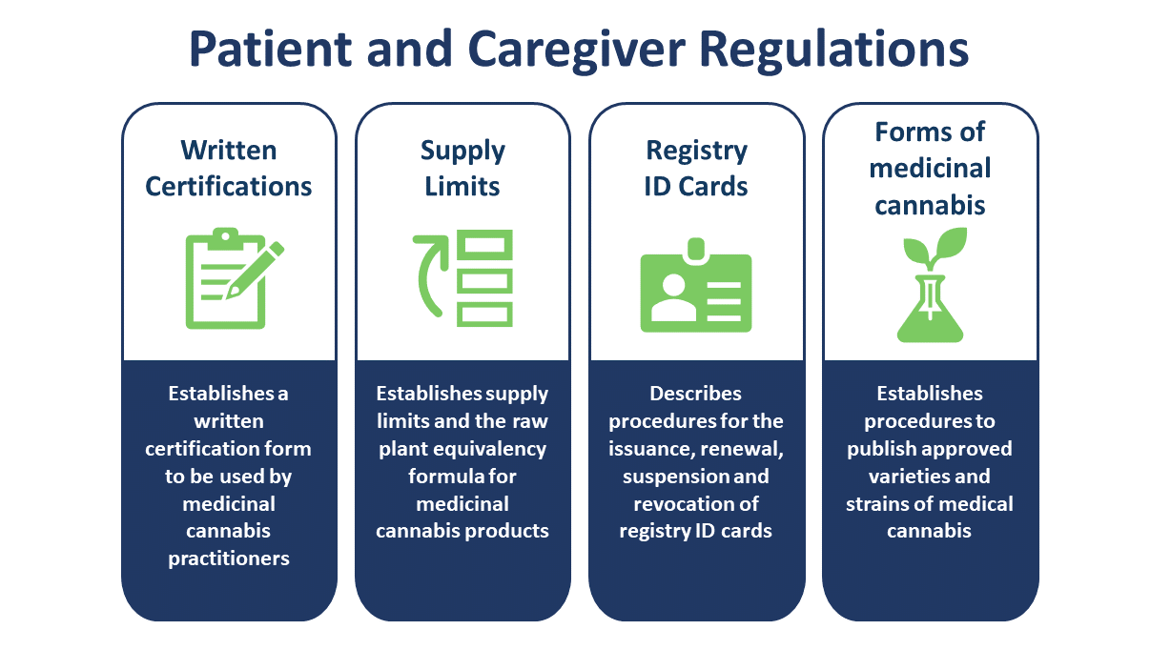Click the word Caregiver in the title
576,51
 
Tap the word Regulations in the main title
833,51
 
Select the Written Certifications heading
229,169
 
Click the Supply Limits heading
462,169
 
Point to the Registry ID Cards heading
696,169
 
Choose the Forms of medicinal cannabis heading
930,169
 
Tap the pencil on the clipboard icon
256,270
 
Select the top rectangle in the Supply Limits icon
484,245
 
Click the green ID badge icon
696,285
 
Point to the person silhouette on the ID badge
674,297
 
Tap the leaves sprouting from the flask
935,248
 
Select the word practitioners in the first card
229,559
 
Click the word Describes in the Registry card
695,394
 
